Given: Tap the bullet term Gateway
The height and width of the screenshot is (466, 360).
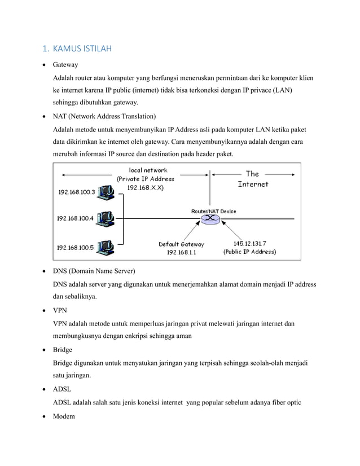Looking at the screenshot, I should coord(65,65).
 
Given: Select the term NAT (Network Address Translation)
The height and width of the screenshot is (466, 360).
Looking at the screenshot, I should coord(104,116).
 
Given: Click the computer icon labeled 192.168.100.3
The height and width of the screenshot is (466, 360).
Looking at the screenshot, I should coord(106,194).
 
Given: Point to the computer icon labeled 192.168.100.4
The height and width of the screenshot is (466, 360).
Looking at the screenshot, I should coord(106,217).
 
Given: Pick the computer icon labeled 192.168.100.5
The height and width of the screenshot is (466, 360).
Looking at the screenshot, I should coord(106,247).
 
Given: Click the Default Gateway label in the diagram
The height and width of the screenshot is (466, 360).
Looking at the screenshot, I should coord(181,244).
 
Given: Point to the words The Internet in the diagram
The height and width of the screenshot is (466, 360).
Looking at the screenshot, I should coord(252,179).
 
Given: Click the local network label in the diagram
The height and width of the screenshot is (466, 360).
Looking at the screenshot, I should coord(148,170).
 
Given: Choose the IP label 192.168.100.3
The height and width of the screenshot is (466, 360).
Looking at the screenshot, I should coord(77,192).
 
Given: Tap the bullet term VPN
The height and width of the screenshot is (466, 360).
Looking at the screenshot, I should coord(60,310).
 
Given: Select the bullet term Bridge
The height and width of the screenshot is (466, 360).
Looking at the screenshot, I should coord(63,349).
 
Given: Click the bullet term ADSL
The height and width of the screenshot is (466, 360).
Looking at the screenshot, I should coord(62,389).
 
